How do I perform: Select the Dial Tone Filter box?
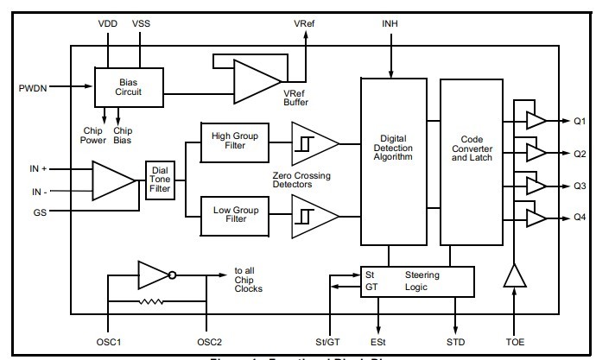(x=160, y=180)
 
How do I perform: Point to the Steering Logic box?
(x=418, y=281)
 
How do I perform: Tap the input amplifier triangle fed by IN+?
(x=111, y=180)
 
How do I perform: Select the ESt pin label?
(x=377, y=342)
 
